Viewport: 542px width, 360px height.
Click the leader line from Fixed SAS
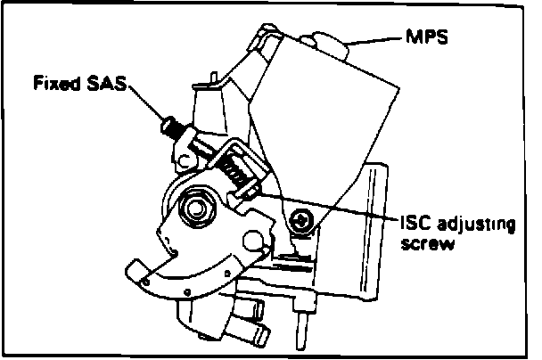[x=143, y=102]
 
